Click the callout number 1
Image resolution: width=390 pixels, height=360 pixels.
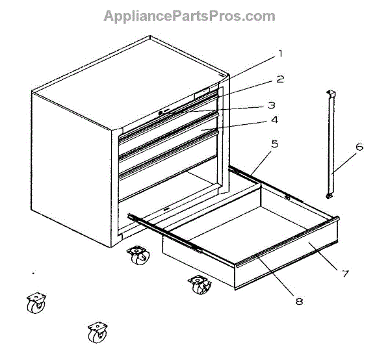click(x=280, y=53)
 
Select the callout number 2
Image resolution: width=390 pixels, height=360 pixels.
click(x=280, y=79)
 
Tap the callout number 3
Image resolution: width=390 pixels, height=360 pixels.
click(x=272, y=105)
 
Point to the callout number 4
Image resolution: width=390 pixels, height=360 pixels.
click(x=275, y=120)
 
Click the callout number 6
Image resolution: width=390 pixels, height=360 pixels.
click(x=359, y=147)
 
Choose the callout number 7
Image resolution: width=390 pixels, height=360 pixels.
click(x=344, y=273)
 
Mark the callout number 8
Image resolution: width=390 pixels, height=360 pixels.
click(x=299, y=301)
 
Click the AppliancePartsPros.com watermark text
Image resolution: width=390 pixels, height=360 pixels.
click(x=189, y=16)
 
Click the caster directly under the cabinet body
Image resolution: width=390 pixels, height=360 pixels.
click(x=138, y=255)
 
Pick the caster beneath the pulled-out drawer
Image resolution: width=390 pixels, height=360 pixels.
click(x=200, y=285)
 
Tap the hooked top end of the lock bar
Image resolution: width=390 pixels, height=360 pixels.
click(x=330, y=95)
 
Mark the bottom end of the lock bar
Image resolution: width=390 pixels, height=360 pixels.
click(x=330, y=195)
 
